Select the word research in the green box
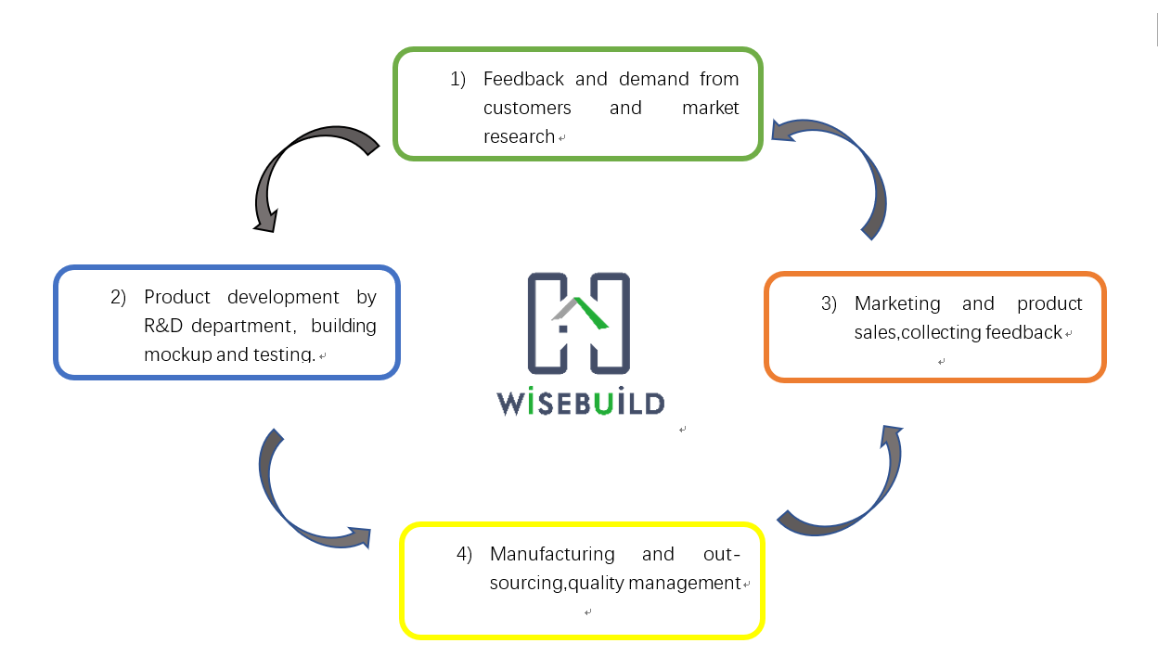pyautogui.click(x=519, y=136)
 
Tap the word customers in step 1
pyautogui.click(x=527, y=108)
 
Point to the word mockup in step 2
pyautogui.click(x=177, y=354)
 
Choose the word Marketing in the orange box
pyautogui.click(x=897, y=303)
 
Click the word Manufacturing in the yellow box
pyautogui.click(x=552, y=554)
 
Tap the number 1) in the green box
pyautogui.click(x=458, y=79)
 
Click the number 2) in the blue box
pyautogui.click(x=118, y=297)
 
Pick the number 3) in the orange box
pyautogui.click(x=829, y=303)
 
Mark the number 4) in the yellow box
pyautogui.click(x=464, y=554)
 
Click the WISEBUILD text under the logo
pyautogui.click(x=581, y=403)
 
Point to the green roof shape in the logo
pyautogui.click(x=586, y=314)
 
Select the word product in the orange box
pyautogui.click(x=1049, y=303)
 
